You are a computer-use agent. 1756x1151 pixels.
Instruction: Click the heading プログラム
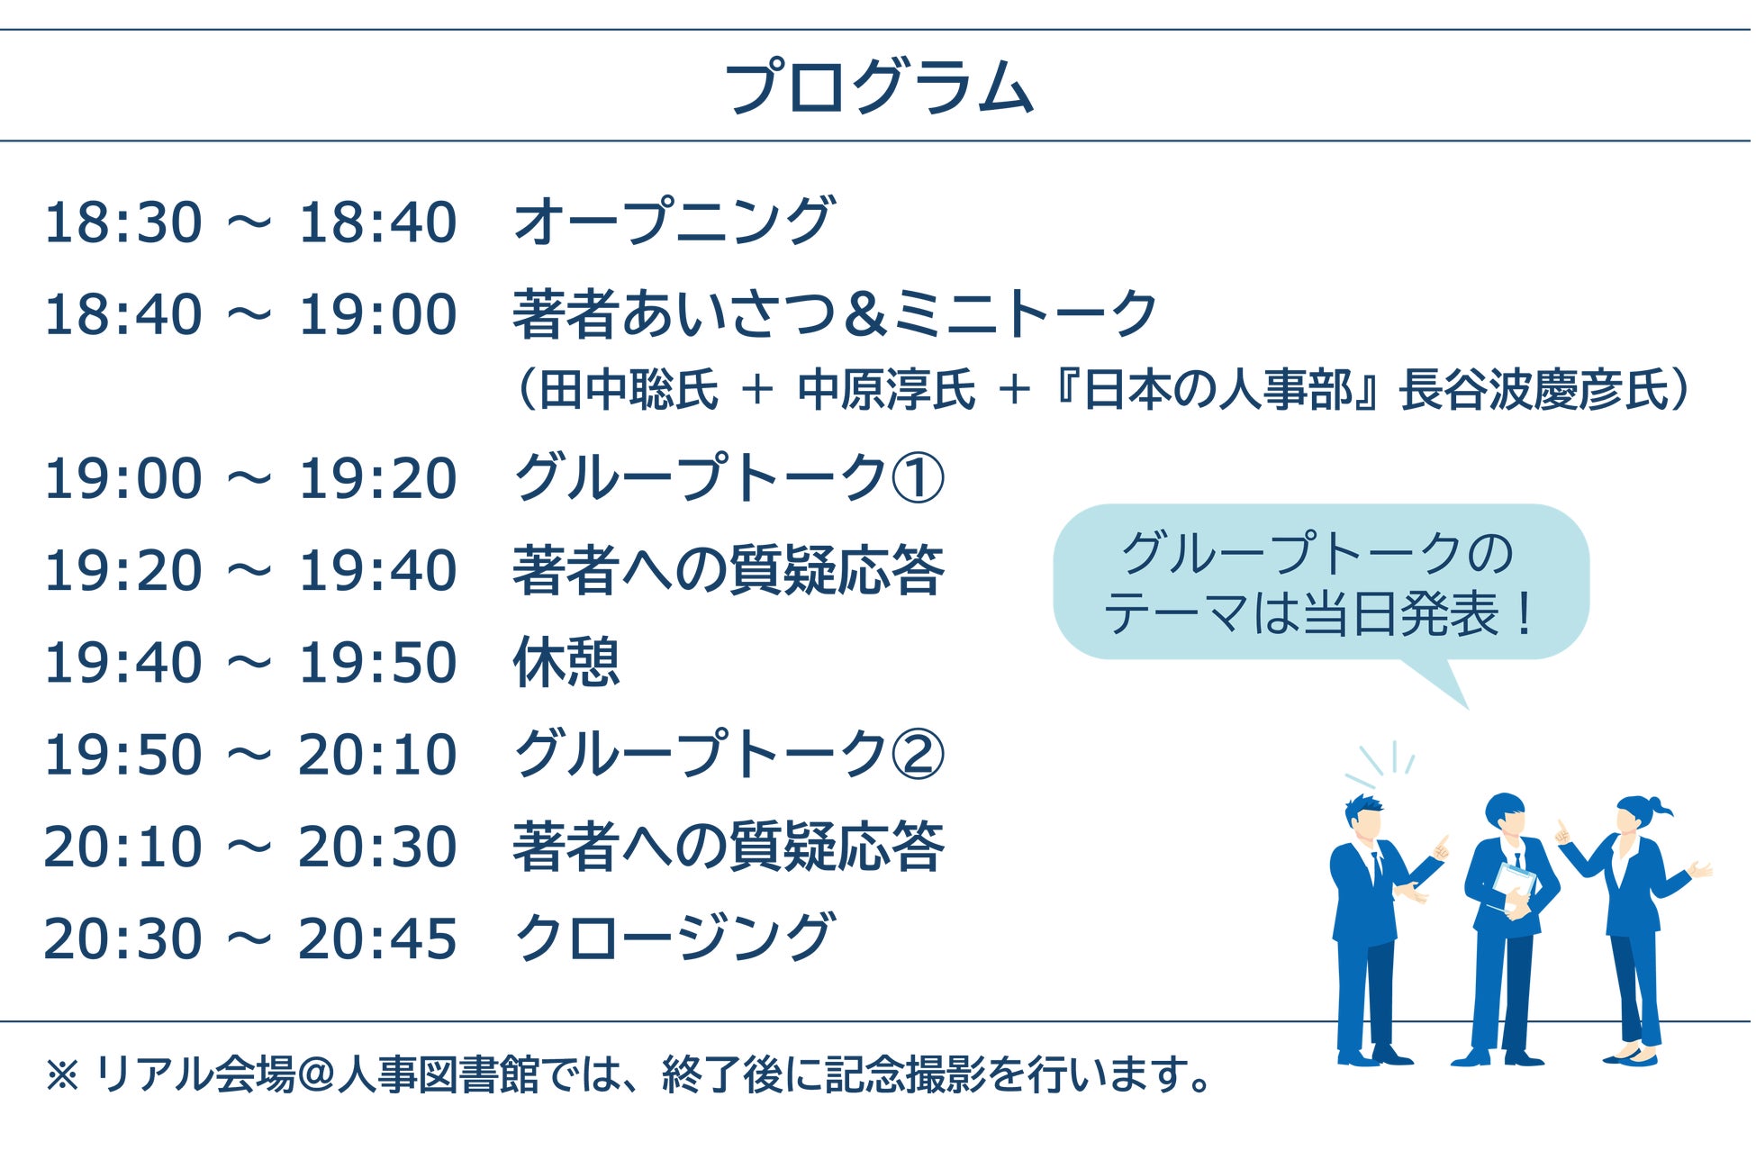tap(879, 87)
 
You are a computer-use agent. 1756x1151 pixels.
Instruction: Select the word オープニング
tap(674, 222)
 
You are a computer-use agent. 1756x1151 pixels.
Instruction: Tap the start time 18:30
tap(123, 222)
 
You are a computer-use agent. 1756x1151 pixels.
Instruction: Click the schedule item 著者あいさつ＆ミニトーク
tap(835, 314)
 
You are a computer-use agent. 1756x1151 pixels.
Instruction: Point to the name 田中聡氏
tap(629, 390)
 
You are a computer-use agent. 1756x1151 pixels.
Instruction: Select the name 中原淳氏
tap(887, 390)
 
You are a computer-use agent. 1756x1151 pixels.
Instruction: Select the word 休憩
tap(566, 662)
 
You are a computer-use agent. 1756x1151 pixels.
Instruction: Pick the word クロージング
tap(674, 938)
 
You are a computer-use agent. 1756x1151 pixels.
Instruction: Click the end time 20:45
tap(377, 939)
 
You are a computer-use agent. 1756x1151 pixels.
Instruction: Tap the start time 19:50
tap(123, 755)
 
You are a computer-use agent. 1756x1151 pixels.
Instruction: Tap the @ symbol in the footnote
tap(316, 1074)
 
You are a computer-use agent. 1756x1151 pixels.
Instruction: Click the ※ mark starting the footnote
tap(62, 1074)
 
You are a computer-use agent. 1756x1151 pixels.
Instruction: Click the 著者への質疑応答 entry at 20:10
tap(729, 847)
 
